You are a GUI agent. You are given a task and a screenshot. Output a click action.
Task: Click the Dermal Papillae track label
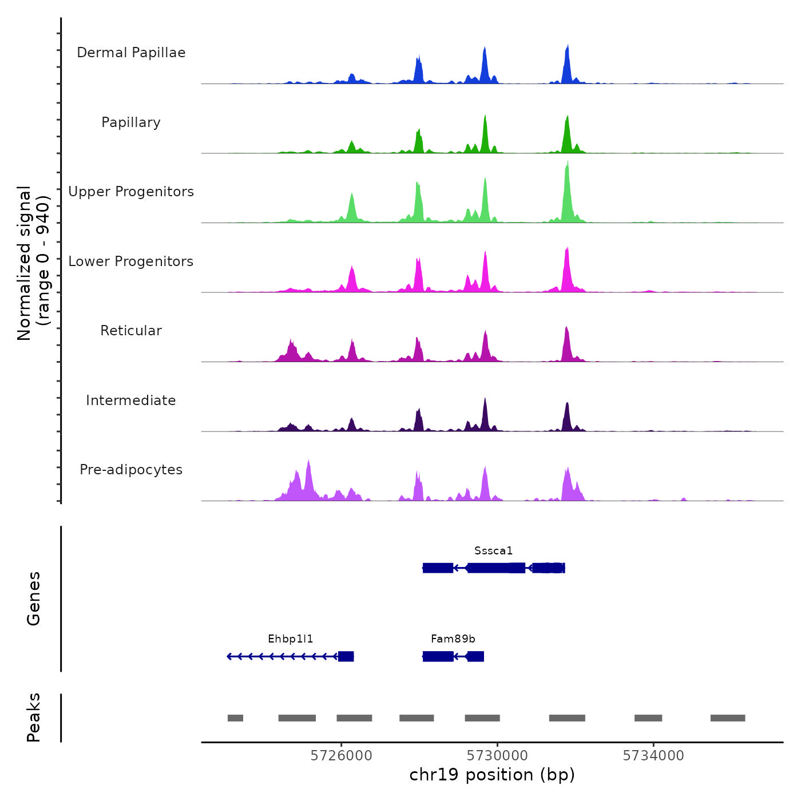[131, 53]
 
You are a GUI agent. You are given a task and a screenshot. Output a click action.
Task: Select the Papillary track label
[131, 122]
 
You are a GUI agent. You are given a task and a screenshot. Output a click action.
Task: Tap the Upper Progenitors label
[131, 192]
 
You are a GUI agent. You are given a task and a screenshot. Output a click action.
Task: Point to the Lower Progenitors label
[131, 261]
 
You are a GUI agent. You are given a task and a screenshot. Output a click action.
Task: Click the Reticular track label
[131, 331]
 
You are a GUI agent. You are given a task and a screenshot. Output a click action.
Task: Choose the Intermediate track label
[131, 400]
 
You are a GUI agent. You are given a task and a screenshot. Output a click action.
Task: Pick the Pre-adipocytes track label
[131, 470]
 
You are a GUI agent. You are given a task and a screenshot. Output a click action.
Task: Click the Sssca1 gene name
[493, 551]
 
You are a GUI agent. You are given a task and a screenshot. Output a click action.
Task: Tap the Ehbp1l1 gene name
[291, 639]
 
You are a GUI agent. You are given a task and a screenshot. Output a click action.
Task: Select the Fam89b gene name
[453, 639]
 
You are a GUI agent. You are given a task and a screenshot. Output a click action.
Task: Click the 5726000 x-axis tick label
[341, 756]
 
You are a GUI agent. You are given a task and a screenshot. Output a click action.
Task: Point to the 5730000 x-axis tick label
[497, 756]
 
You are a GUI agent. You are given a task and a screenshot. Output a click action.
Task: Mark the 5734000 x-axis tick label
[653, 756]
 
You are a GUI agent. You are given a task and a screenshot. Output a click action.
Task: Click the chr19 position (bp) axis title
[492, 775]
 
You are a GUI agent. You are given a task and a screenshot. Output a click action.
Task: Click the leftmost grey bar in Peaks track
[235, 718]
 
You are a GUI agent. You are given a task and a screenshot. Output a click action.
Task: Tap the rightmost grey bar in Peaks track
[728, 718]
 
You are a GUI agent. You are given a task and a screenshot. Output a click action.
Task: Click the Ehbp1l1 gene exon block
[346, 656]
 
